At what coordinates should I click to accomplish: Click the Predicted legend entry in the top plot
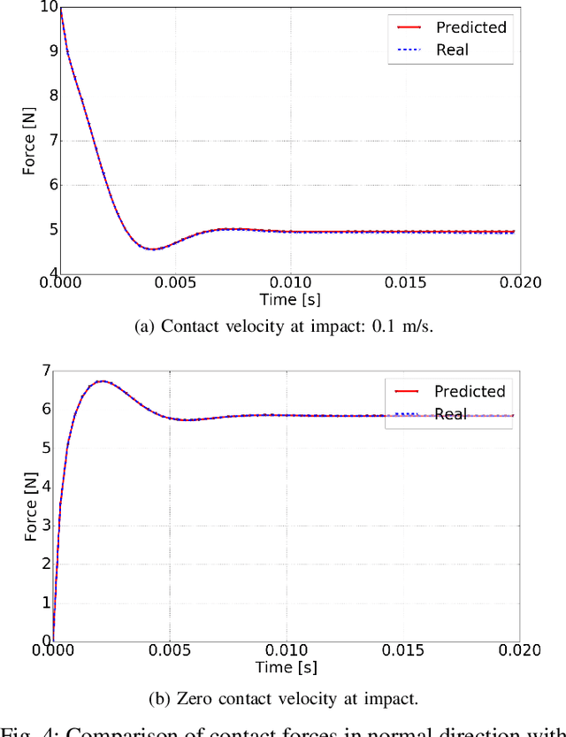pyautogui.click(x=470, y=27)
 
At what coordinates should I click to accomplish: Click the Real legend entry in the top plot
pyautogui.click(x=452, y=50)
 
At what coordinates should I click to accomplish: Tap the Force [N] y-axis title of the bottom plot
pyautogui.click(x=30, y=506)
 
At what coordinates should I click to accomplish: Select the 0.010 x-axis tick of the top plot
pyautogui.click(x=289, y=283)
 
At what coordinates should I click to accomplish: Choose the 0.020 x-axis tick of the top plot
pyautogui.click(x=518, y=283)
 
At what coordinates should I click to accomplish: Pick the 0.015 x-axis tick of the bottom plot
pyautogui.click(x=402, y=650)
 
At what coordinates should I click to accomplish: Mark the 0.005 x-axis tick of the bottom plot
pyautogui.click(x=170, y=650)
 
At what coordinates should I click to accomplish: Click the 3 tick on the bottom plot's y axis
pyautogui.click(x=47, y=525)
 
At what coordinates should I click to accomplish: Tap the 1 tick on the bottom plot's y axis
pyautogui.click(x=47, y=602)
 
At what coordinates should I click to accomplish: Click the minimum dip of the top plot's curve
pyautogui.click(x=152, y=249)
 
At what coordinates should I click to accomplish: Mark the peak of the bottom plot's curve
pyautogui.click(x=102, y=381)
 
